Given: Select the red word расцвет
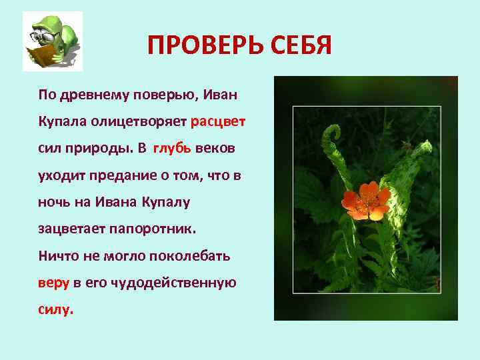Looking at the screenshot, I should click(x=218, y=122).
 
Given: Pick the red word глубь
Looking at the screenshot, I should click(x=172, y=148).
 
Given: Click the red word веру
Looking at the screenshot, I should click(x=53, y=283).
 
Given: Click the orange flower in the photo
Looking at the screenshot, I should click(x=365, y=201).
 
